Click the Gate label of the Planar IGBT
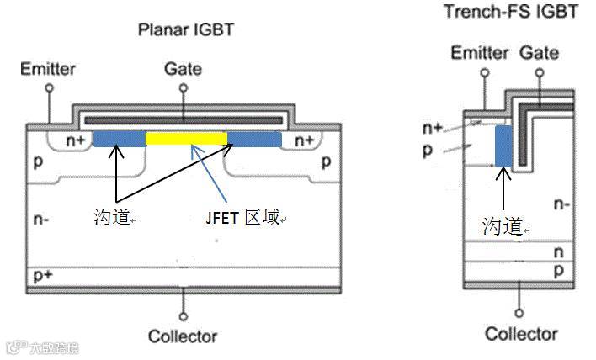pos(183,68)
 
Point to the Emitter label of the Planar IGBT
pos(48,68)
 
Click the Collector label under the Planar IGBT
pos(183,336)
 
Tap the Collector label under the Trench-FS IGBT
pos(521,333)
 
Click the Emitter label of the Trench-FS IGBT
pos(480,54)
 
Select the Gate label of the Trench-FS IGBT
pos(540,53)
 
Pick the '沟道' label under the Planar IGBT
pos(113,218)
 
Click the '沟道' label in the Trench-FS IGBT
pos(502,225)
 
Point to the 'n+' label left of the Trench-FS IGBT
pos(433,128)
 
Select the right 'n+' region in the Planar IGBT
pos(304,140)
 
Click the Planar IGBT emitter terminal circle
pos(49,87)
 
